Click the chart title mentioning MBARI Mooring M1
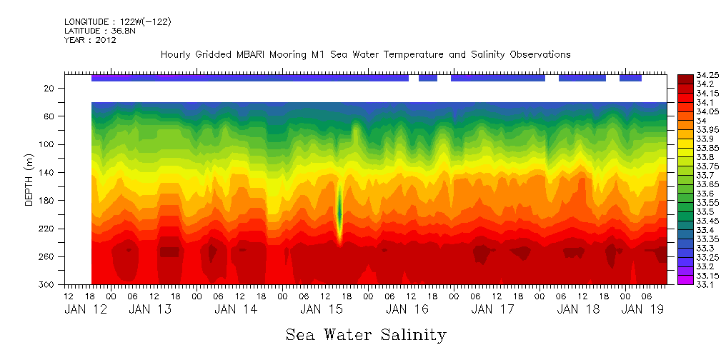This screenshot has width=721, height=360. tap(365, 55)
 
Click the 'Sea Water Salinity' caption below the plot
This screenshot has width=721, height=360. tap(366, 335)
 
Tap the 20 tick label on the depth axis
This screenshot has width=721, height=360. tap(50, 88)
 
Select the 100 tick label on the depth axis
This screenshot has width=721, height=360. tap(48, 144)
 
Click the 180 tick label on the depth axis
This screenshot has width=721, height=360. tap(48, 201)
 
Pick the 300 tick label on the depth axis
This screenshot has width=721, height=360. tap(48, 285)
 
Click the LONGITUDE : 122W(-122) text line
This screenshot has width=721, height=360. tap(118, 21)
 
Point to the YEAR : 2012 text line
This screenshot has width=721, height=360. tap(90, 40)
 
